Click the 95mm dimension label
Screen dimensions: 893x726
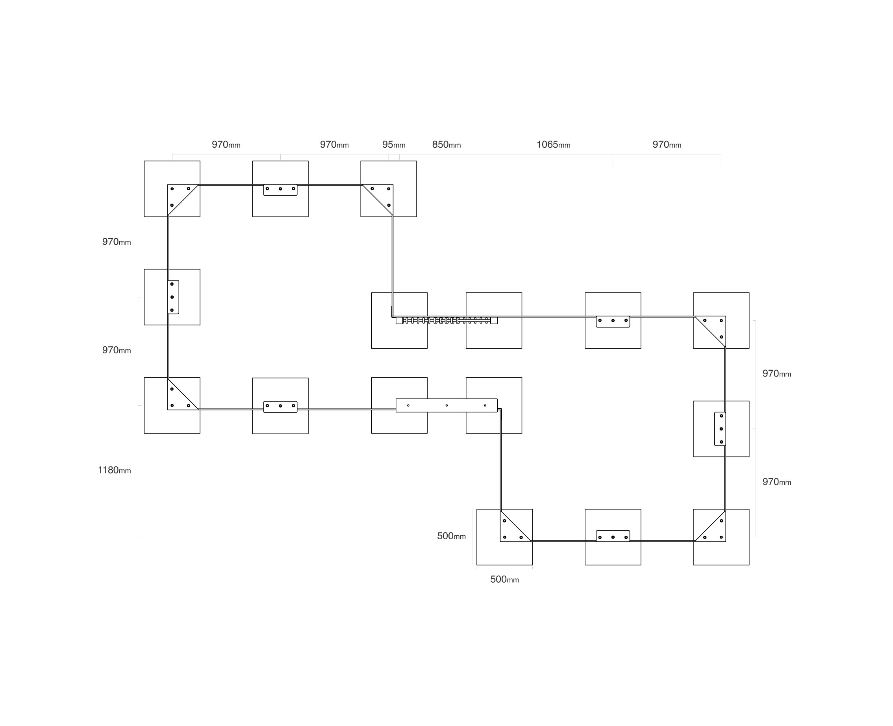coord(393,145)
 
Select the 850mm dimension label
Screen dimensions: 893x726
coord(446,145)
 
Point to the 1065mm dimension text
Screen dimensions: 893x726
coord(553,145)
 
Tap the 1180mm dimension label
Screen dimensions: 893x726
coord(114,470)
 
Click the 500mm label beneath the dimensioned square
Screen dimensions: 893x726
coord(504,579)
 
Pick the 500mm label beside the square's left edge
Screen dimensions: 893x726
coord(451,536)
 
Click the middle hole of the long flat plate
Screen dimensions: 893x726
coord(446,405)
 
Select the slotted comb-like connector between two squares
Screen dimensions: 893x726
coord(446,320)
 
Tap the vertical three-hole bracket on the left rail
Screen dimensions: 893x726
coord(173,297)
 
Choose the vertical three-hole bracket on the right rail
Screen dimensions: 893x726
coord(720,429)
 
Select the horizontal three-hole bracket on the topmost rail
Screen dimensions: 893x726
coord(280,190)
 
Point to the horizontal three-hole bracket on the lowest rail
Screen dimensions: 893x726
coord(613,536)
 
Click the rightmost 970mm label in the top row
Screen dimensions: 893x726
coord(667,145)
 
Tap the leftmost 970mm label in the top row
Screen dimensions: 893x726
coord(226,145)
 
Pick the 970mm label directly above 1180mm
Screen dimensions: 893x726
coord(117,350)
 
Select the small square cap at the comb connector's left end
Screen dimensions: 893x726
coord(399,321)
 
